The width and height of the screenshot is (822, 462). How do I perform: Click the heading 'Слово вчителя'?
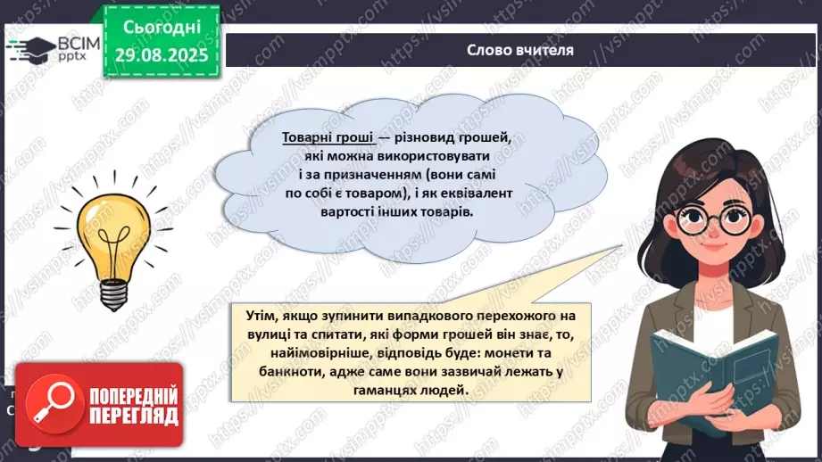(x=519, y=50)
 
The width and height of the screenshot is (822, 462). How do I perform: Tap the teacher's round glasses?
(x=713, y=220)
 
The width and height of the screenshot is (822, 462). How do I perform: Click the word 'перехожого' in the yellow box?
(x=505, y=316)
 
